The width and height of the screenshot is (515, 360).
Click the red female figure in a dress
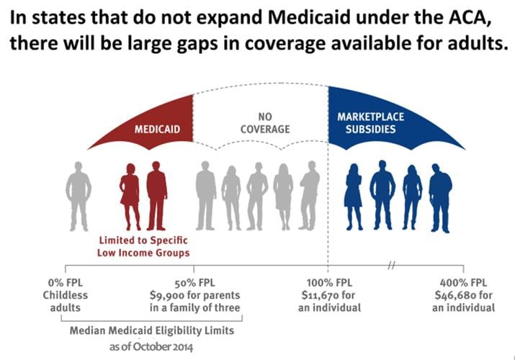130,194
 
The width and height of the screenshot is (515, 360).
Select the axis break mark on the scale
392,265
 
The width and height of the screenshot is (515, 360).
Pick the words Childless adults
65,302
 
